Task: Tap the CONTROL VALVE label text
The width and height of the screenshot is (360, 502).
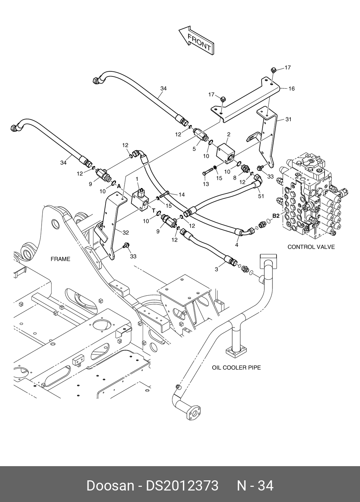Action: [311, 247]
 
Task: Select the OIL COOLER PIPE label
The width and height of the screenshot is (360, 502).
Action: [236, 367]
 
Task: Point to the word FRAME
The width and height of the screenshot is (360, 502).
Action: [61, 259]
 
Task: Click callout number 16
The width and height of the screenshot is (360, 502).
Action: [291, 89]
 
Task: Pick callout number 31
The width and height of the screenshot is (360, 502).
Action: [288, 119]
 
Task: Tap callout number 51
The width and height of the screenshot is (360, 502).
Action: [261, 196]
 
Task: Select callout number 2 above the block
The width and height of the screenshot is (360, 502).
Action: [229, 135]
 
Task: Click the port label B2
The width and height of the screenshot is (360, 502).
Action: [276, 216]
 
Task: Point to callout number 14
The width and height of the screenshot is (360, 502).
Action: [182, 195]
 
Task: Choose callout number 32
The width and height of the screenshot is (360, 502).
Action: [125, 233]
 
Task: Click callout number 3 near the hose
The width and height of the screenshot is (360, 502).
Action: [216, 270]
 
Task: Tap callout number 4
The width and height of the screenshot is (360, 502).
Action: [237, 245]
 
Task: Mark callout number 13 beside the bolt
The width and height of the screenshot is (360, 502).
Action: [206, 184]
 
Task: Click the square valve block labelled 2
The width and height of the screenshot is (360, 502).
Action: [225, 154]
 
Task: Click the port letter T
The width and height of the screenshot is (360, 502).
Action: [153, 211]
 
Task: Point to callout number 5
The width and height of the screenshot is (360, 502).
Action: [194, 149]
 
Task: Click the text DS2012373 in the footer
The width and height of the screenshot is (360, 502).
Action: [182, 486]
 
